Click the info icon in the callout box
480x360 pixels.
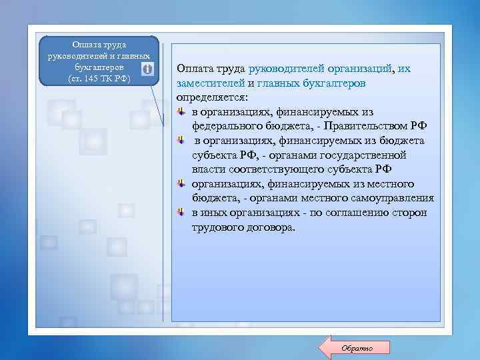[147, 69]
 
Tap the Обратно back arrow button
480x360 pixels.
[356, 348]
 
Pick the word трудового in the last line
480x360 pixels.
[216, 227]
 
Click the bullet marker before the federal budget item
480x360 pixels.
[181, 112]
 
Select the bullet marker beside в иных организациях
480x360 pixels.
[181, 213]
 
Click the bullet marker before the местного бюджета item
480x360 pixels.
[181, 184]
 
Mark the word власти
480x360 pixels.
[207, 169]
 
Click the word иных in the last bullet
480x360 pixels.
[215, 213]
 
